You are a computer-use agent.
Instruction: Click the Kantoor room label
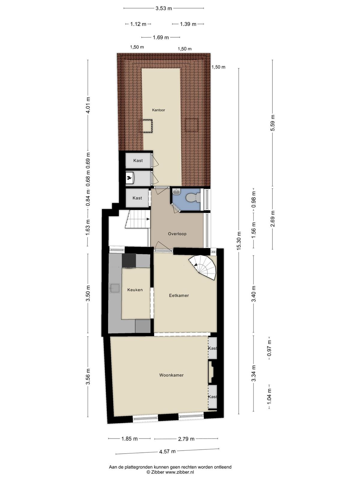pos(158,110)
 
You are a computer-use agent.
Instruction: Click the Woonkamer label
pos(171,375)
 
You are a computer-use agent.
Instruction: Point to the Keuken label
pos(135,290)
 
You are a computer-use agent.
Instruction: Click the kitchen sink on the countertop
pos(115,288)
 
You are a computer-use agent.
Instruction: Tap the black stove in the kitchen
pos(129,261)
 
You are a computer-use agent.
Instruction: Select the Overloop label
pos(177,234)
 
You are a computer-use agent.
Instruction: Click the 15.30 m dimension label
pos(239,241)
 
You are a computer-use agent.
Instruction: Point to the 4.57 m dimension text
pos(167,451)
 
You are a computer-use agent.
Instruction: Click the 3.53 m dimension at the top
pos(164,8)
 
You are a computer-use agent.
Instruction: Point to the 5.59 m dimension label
pos(273,123)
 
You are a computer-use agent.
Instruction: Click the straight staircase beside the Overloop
pos(137,219)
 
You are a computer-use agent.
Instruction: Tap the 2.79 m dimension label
pos(186,439)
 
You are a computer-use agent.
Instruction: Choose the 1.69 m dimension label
pos(161,37)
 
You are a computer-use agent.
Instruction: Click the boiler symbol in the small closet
pos(130,178)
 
